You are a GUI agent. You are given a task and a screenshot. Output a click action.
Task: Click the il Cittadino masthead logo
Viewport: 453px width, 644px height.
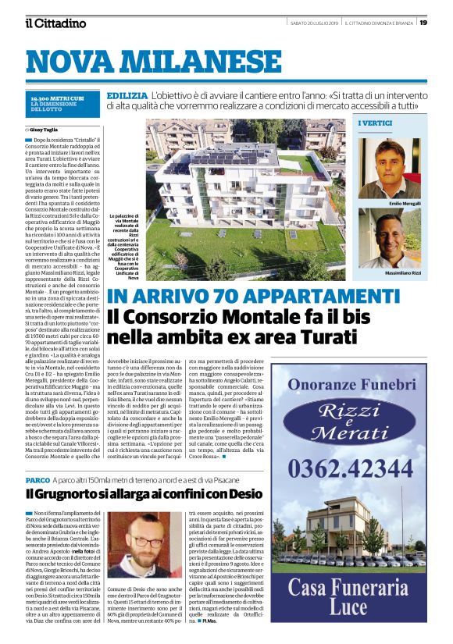pyautogui.click(x=55, y=23)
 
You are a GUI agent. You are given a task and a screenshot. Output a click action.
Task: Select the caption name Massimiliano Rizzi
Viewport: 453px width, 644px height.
pyautogui.click(x=402, y=274)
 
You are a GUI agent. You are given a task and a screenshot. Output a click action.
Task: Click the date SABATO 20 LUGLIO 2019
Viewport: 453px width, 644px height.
pyautogui.click(x=312, y=22)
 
